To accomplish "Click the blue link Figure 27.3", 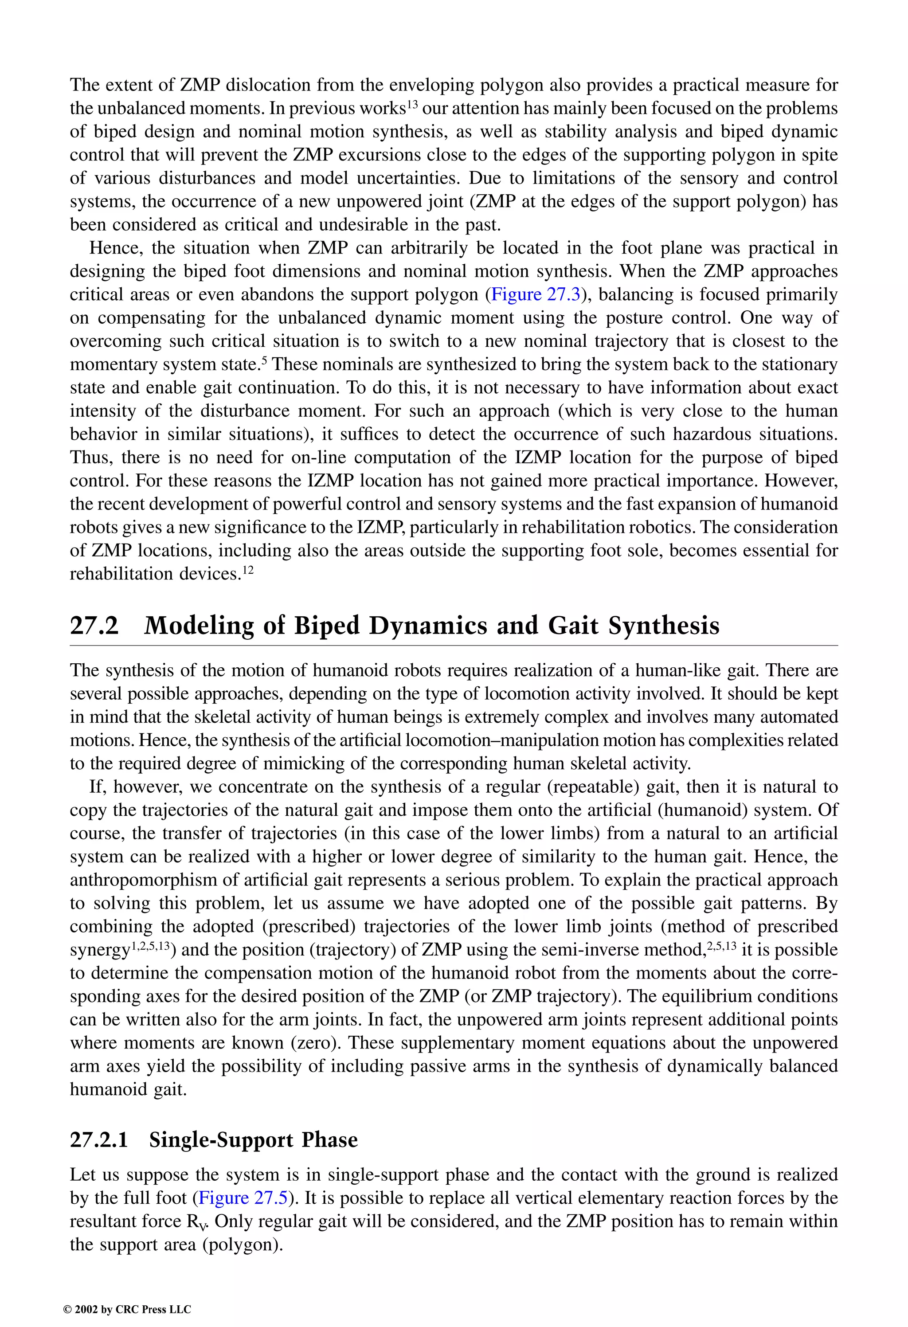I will (x=536, y=295).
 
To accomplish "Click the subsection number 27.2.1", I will (x=98, y=1140).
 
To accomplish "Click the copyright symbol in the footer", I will (x=66, y=1310).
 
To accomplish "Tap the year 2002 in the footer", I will (x=86, y=1310).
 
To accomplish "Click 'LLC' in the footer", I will (x=180, y=1310).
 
